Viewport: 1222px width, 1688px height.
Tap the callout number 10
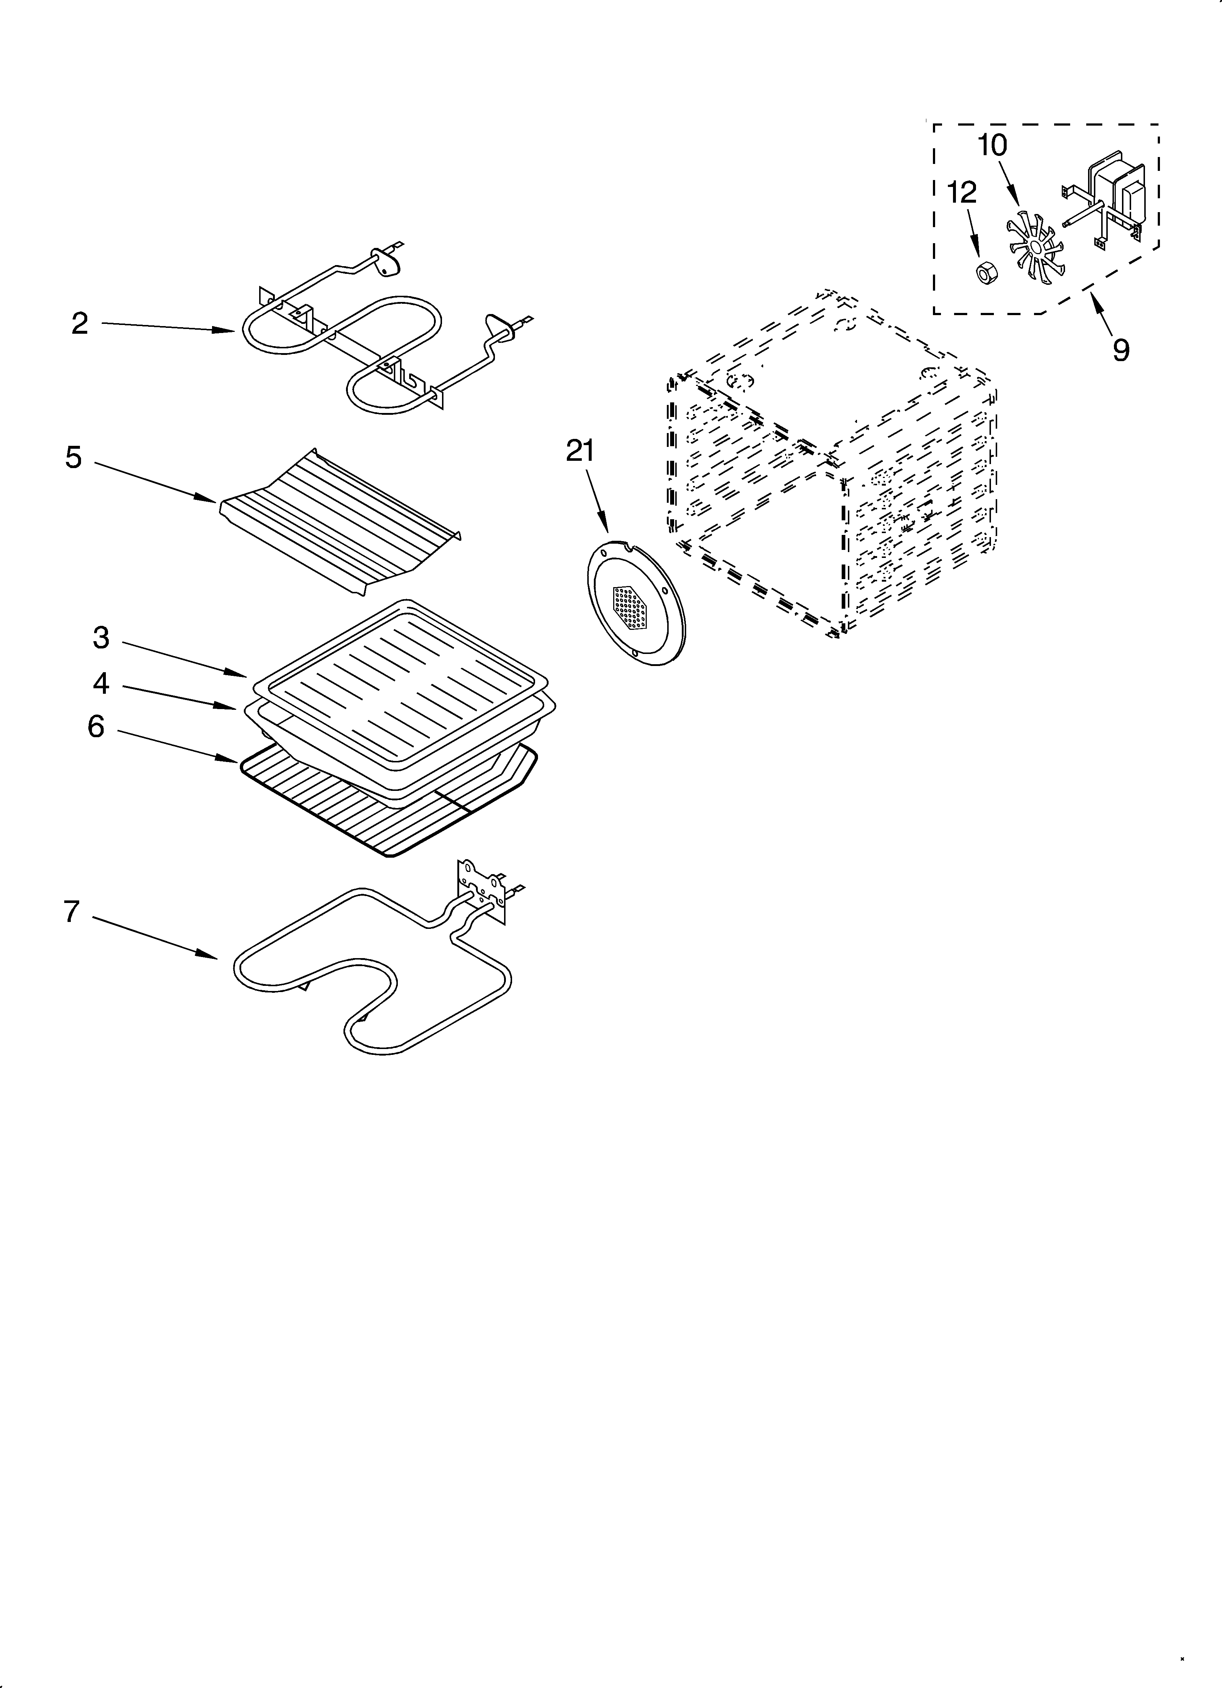tap(992, 145)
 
